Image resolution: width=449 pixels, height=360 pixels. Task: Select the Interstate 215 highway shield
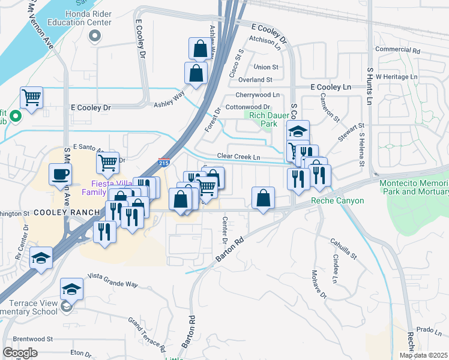[163, 162]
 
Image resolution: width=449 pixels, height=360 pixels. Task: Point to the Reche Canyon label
[337, 200]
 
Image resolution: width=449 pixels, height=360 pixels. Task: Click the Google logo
[20, 353]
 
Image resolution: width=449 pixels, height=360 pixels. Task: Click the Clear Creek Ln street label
[239, 157]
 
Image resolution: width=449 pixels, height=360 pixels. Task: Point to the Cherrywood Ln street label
[258, 95]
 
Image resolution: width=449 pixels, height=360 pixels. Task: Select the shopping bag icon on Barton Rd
[263, 197]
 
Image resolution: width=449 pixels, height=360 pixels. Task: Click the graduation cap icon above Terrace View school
[71, 289]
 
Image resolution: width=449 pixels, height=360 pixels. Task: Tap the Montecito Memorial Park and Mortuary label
[414, 187]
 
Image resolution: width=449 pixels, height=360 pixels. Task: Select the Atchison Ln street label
[265, 41]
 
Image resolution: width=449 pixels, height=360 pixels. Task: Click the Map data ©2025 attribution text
[423, 355]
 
